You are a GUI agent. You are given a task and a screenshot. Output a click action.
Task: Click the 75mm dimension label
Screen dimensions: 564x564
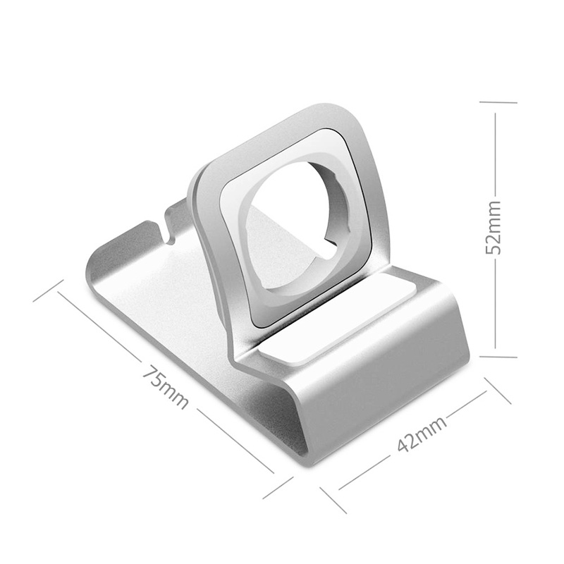pos(165,387)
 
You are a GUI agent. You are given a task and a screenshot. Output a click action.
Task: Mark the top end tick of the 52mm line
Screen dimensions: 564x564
pos(498,102)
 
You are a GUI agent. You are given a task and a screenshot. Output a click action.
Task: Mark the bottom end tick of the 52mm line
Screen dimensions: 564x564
pos(498,356)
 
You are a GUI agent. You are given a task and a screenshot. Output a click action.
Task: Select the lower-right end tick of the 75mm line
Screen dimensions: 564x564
pos(278,487)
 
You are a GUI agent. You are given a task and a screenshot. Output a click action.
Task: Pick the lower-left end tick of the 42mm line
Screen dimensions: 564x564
pos(331,499)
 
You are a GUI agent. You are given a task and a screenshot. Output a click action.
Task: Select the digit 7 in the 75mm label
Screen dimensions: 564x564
pos(149,374)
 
